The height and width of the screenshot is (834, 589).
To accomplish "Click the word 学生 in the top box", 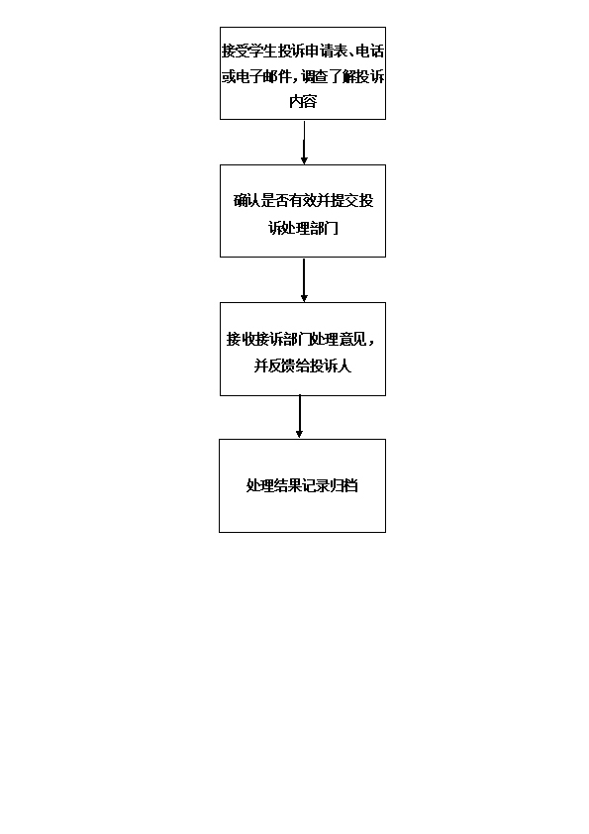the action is click(x=263, y=52).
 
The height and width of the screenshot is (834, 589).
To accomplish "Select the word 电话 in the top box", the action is click(x=369, y=52).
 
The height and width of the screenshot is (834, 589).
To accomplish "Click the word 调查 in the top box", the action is click(x=314, y=76).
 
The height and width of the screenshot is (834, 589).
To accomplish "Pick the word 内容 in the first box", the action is click(x=303, y=101).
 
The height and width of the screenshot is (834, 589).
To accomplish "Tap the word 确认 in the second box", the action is click(x=247, y=200).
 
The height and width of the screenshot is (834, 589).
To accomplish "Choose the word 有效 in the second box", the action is click(x=303, y=200).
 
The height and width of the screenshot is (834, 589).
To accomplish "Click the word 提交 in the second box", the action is click(x=345, y=200).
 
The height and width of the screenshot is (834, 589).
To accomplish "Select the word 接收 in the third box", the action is click(x=241, y=339).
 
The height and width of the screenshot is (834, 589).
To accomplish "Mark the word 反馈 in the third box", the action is click(x=282, y=365).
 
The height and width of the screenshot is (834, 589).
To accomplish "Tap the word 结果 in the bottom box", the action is click(x=288, y=485).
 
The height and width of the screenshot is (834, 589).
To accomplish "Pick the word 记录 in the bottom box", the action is click(x=317, y=485).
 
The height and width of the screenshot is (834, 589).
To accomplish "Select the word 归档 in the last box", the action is click(x=344, y=485).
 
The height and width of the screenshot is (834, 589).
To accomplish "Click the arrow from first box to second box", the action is click(x=304, y=143).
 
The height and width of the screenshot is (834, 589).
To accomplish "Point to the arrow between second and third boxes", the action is click(x=304, y=280).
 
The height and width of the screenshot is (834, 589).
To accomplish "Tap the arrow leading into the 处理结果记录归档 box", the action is click(x=299, y=416).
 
